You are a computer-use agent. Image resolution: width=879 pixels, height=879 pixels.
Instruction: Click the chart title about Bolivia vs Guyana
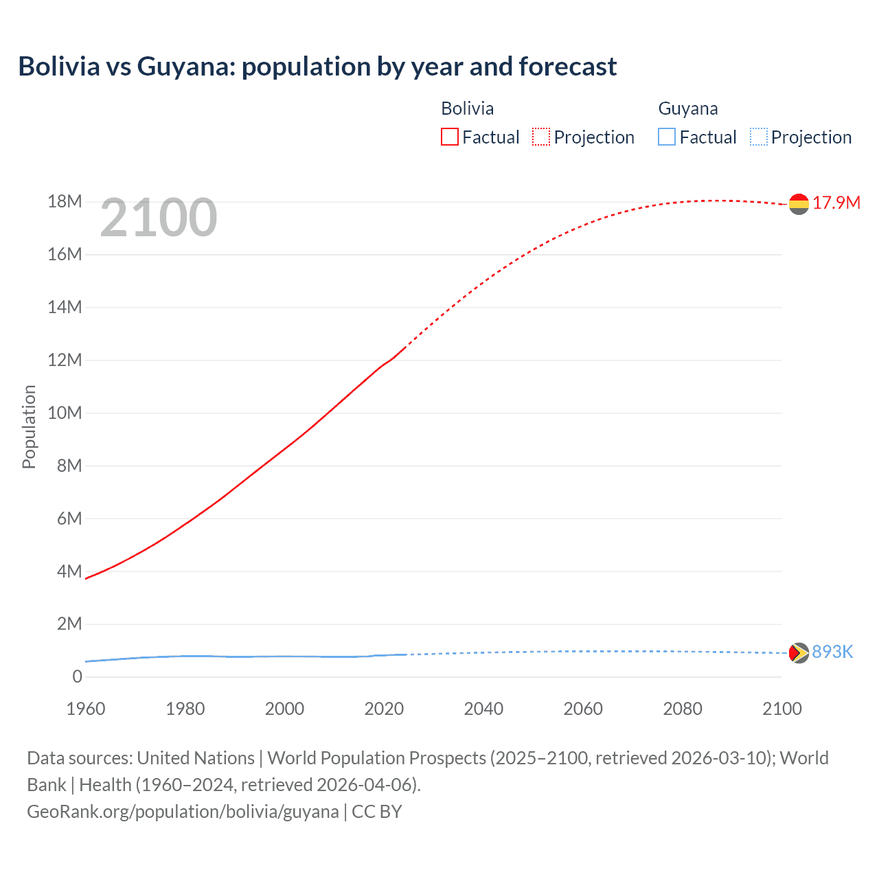(317, 67)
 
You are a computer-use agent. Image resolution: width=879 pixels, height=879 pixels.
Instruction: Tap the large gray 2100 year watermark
(159, 218)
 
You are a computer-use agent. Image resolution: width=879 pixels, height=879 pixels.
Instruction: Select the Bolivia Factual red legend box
(450, 137)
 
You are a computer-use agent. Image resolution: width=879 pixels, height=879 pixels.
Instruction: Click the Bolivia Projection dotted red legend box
(541, 137)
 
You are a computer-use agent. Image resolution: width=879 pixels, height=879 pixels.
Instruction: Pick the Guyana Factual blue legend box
(667, 137)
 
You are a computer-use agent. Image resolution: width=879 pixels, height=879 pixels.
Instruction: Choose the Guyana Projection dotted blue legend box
(758, 137)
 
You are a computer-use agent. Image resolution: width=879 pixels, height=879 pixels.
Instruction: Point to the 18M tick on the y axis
(65, 202)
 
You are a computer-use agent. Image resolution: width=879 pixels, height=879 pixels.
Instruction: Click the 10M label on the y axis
(65, 413)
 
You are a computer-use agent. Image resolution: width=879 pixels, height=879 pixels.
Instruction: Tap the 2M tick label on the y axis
(69, 624)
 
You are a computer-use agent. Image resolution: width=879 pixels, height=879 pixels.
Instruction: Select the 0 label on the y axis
(77, 677)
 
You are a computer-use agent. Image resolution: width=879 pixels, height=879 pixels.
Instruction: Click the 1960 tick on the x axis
(86, 709)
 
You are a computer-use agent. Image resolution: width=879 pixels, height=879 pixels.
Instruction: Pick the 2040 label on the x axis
(483, 709)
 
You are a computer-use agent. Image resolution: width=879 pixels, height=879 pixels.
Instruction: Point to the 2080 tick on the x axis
(683, 709)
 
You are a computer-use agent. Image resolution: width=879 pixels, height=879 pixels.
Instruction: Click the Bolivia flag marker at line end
(799, 204)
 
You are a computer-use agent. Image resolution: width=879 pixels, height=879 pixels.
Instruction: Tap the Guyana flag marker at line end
(799, 652)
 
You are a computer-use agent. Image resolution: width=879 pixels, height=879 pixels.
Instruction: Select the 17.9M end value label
(836, 203)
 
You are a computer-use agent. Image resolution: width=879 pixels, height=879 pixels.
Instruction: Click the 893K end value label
(832, 652)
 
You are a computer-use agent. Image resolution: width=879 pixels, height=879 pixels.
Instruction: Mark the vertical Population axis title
(29, 426)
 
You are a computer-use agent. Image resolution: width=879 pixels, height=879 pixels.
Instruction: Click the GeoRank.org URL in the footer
(183, 812)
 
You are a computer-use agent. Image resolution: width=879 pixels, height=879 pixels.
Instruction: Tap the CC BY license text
(377, 812)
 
